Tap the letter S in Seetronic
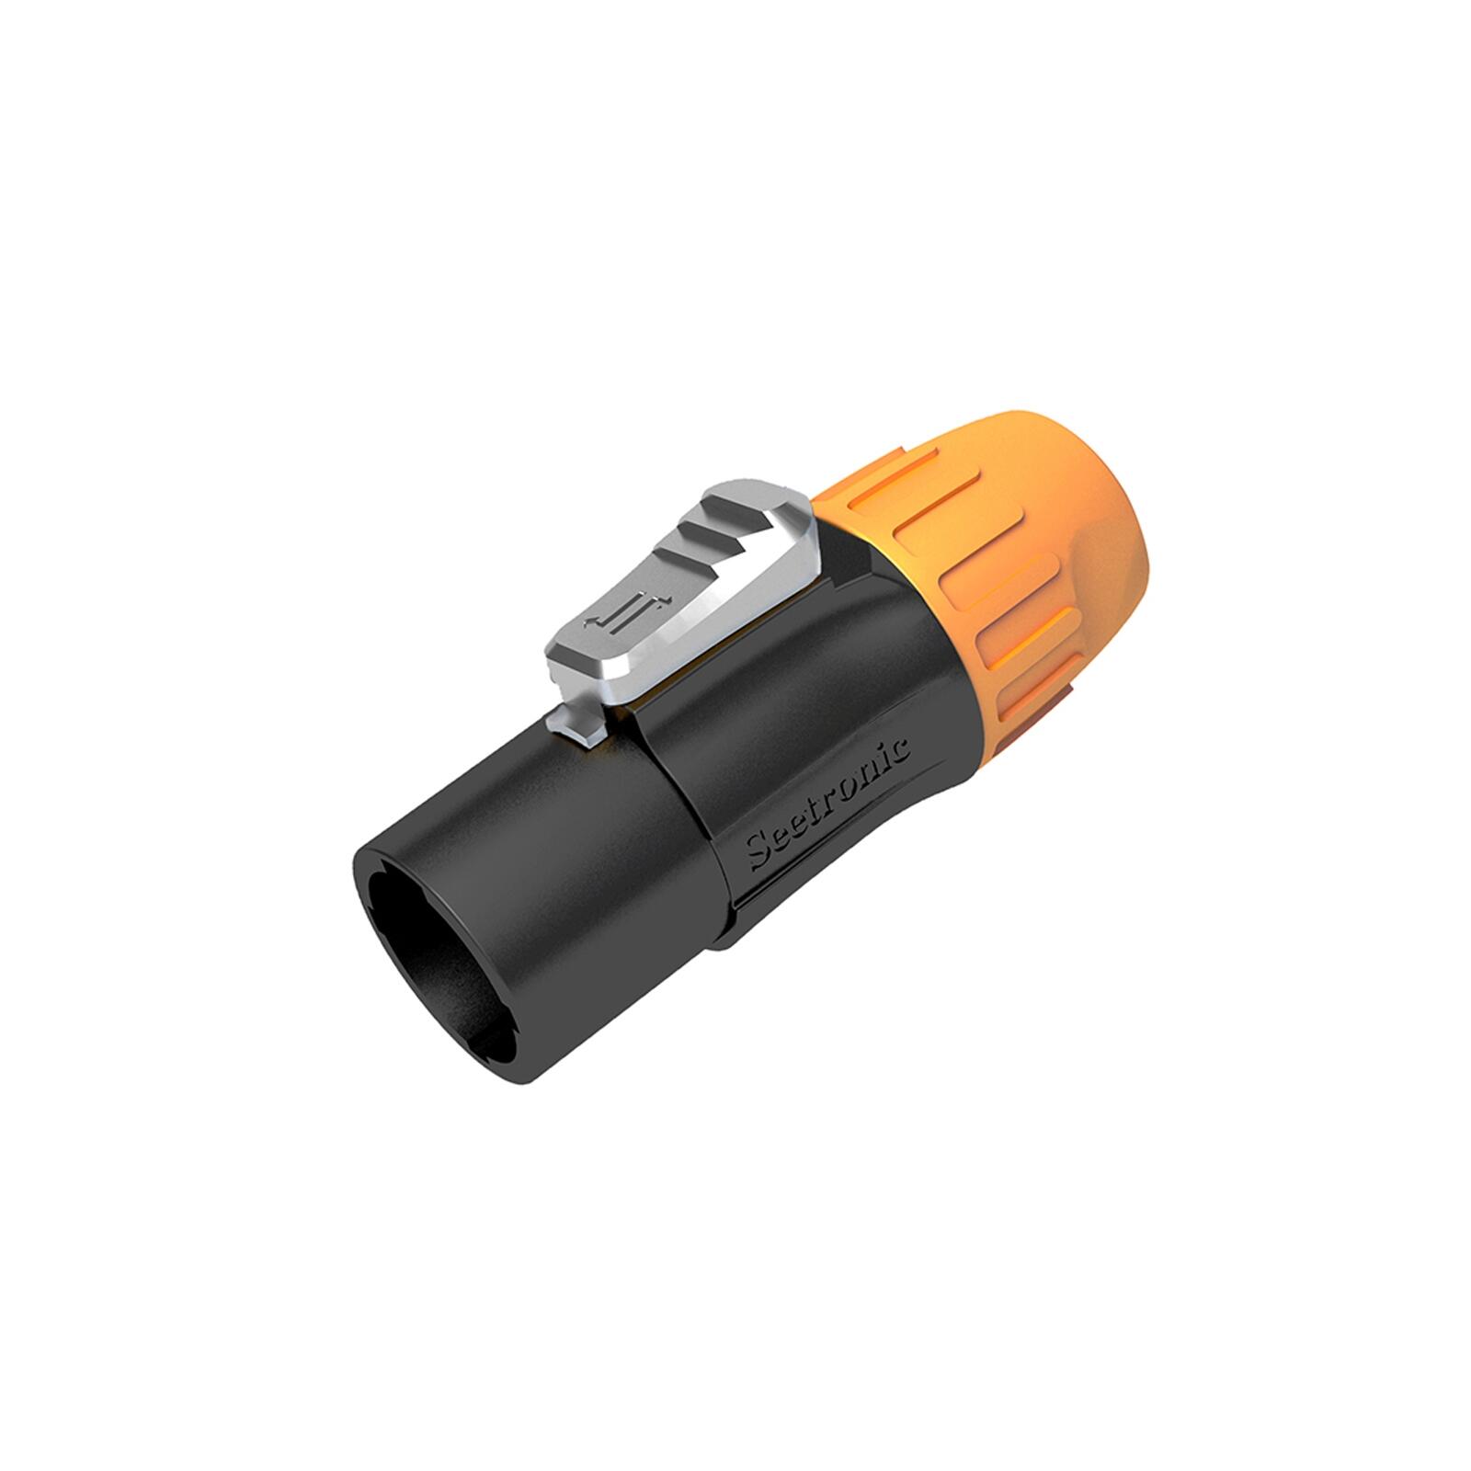[x=759, y=855]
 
